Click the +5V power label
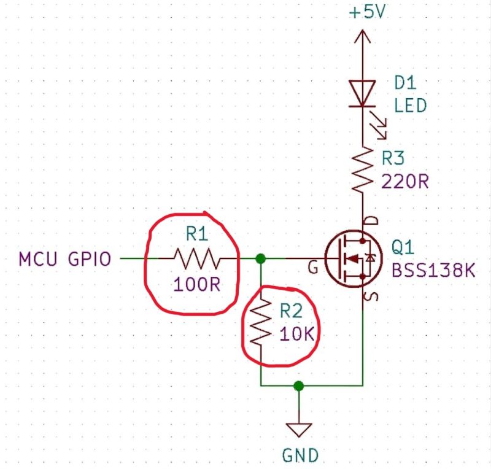[x=367, y=12]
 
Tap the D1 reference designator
[x=405, y=83]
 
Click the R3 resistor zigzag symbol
[x=363, y=169]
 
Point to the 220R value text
[x=405, y=181]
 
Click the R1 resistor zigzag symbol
[x=197, y=258]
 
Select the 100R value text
[x=196, y=285]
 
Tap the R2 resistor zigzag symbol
[x=260, y=322]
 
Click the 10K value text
[x=296, y=334]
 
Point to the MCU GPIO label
[x=65, y=259]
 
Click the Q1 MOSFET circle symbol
[x=354, y=258]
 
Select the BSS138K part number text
[x=433, y=270]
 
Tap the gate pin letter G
[x=313, y=268]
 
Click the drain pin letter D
[x=372, y=220]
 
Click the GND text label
[x=300, y=455]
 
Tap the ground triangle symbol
[x=299, y=430]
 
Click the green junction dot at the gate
[x=260, y=259]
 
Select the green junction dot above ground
[x=299, y=386]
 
